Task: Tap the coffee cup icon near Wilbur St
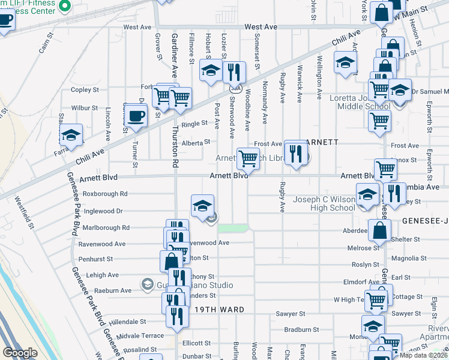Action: tap(136, 115)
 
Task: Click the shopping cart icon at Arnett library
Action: tap(248, 158)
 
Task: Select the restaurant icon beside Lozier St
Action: tap(234, 73)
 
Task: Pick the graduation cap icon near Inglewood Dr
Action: tap(203, 206)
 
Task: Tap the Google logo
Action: tap(20, 353)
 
